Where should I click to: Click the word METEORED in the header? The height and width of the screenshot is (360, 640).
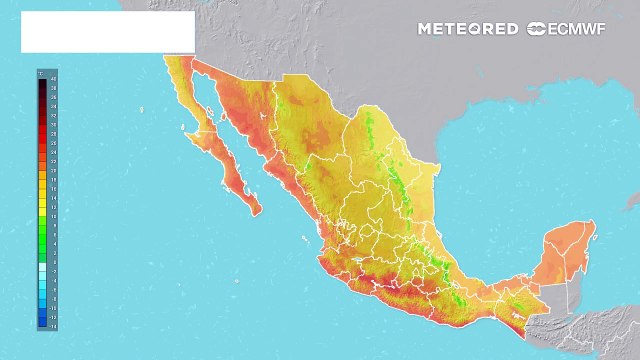point(468,29)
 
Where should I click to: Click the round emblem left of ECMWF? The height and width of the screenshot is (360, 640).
point(536,29)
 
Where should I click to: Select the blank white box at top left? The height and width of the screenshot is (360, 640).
point(107,32)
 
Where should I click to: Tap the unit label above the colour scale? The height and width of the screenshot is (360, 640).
point(41,72)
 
